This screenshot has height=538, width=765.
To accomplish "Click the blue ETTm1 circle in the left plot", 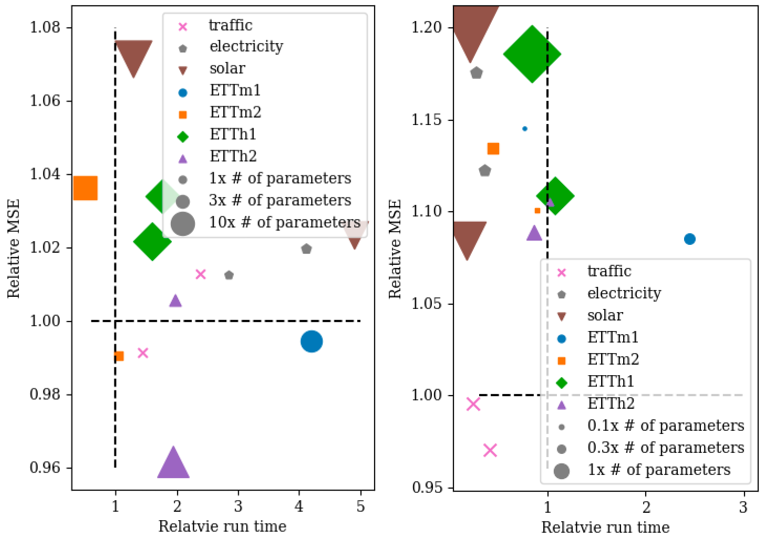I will pos(312,342).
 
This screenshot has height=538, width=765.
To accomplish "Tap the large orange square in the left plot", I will pos(86,188).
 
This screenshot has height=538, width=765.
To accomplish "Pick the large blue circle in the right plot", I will pos(690,239).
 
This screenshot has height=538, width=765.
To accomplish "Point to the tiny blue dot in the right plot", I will pos(525,129).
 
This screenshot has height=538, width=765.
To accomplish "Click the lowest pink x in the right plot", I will pos(490,450).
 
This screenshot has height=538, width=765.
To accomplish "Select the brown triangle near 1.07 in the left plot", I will pos(133,56).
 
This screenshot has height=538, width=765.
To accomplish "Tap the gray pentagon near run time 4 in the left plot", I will pos(306,249).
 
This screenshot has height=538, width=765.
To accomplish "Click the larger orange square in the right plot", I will pos(493,149).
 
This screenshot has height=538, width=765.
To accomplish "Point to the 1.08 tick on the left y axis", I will pos(45,27).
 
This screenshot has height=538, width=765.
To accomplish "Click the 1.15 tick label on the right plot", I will pos(426,120).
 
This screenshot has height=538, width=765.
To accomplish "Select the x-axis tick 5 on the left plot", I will pos(360,506).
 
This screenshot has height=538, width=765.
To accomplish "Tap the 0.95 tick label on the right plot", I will pos(426,488).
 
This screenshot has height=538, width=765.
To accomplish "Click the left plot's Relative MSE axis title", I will pos(14,248).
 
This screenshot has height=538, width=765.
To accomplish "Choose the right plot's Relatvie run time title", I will pos(605,527).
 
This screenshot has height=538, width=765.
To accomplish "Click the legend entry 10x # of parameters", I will pos(284,222).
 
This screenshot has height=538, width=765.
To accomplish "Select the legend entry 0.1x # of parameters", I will pos(665,426).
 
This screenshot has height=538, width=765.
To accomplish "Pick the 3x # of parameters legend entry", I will pos(280,200).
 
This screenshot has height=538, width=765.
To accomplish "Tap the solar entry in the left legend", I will pos(227,68).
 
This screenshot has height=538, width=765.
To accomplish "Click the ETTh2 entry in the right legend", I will pos(611,403).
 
